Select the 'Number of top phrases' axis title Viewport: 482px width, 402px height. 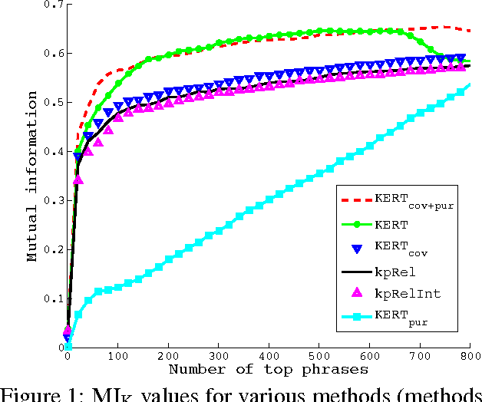[269, 370]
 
